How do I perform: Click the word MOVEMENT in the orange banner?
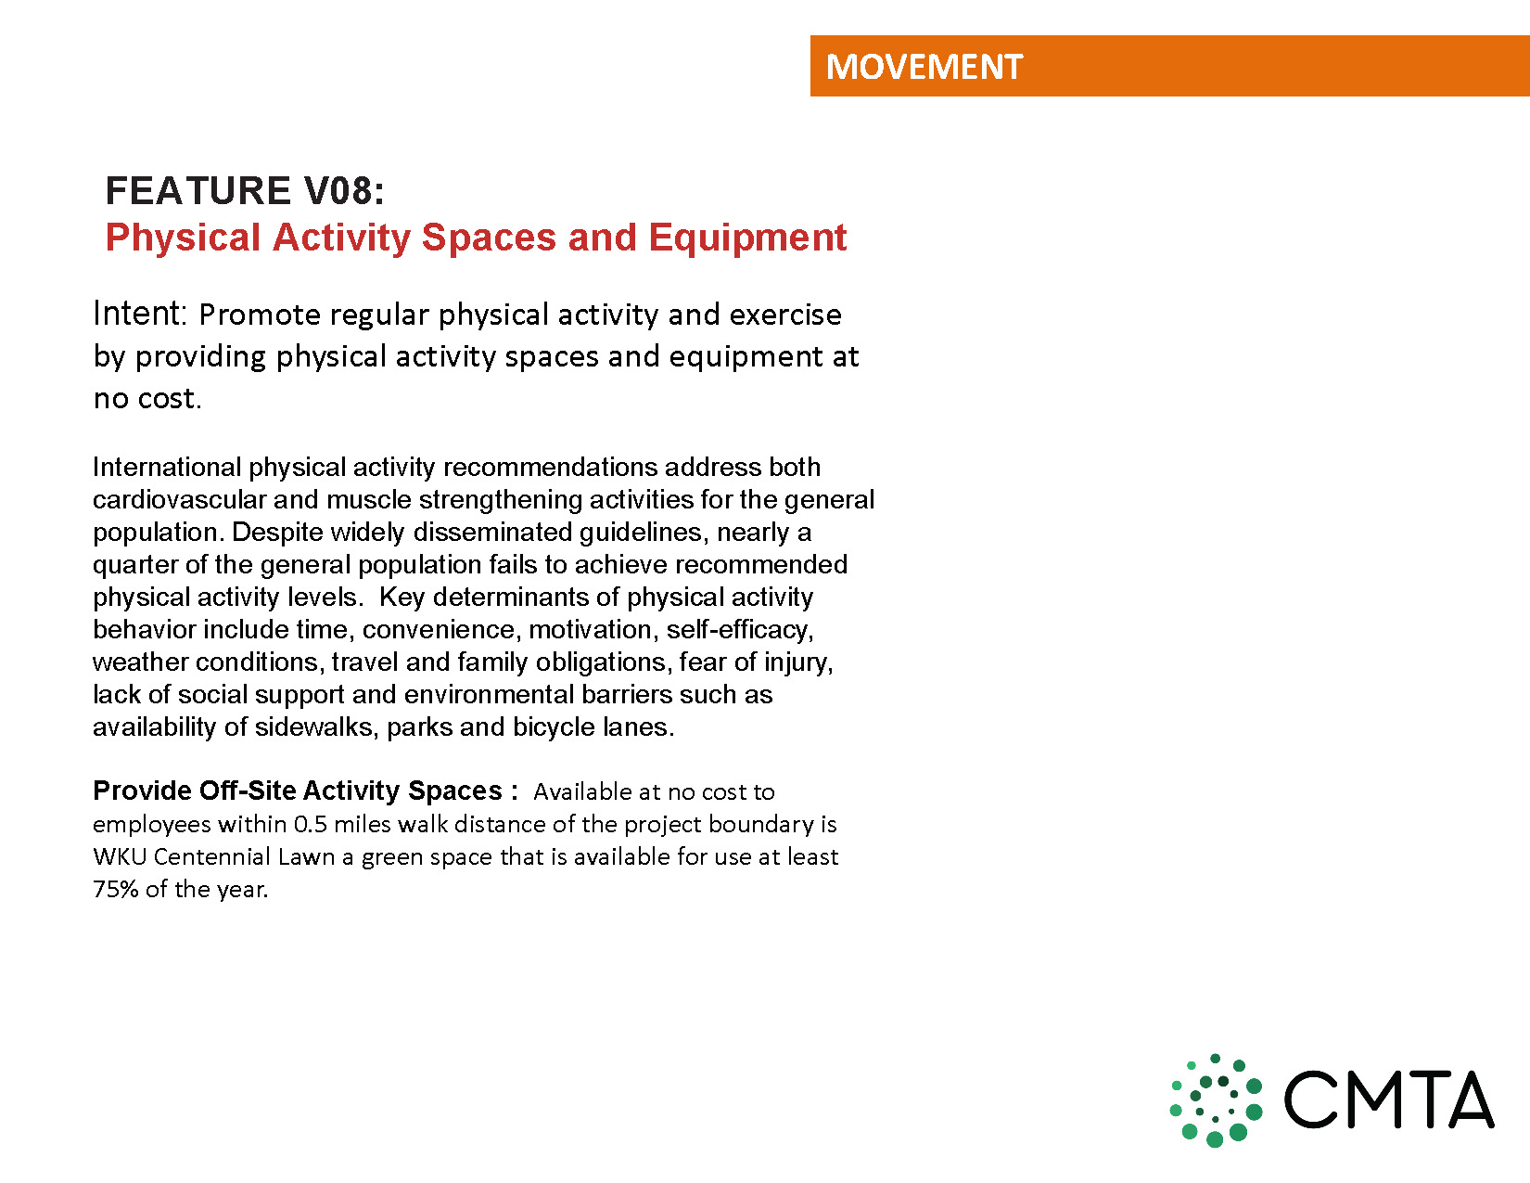(x=924, y=67)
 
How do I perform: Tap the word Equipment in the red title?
(x=747, y=237)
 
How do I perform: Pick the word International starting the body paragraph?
(x=167, y=467)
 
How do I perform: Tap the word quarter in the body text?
(x=134, y=565)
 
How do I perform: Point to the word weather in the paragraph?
(x=139, y=662)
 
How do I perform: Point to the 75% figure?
(x=116, y=889)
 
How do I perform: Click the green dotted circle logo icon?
(x=1216, y=1099)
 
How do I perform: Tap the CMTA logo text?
(x=1388, y=1099)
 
